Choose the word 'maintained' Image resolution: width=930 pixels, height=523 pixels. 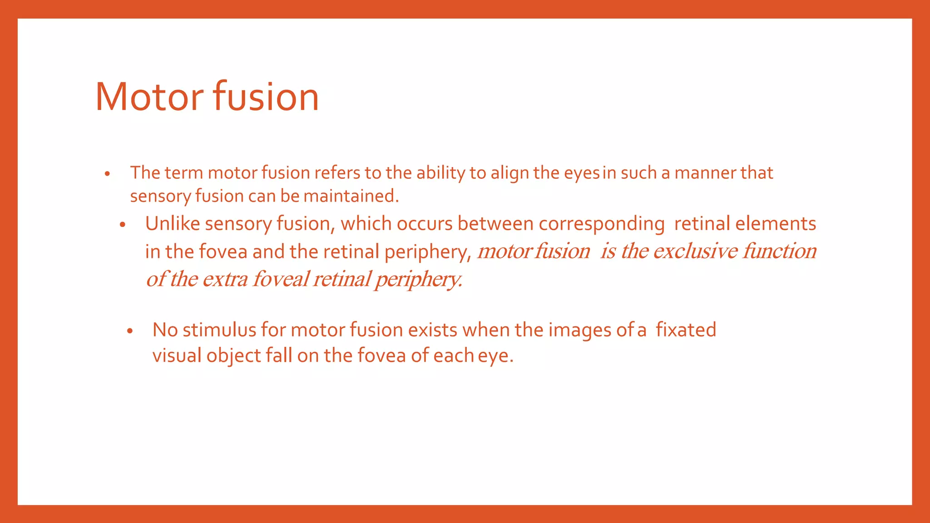(x=351, y=196)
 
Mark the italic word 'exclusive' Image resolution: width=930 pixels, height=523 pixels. (x=695, y=251)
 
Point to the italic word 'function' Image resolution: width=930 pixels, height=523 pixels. (x=780, y=251)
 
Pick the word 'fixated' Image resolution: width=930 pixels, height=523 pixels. (x=686, y=330)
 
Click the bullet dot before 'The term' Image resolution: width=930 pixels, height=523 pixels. (x=107, y=174)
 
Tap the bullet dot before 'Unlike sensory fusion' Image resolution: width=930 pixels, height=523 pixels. (x=122, y=225)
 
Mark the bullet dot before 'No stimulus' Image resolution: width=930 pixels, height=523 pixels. (x=130, y=331)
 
